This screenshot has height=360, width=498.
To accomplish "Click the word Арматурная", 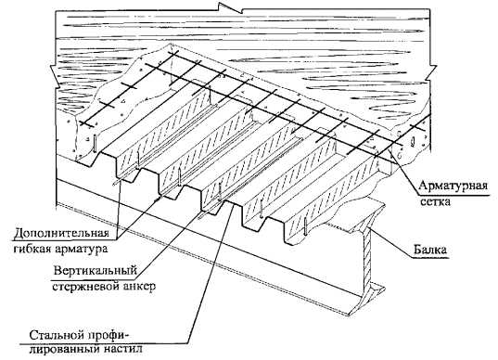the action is pos(453,186).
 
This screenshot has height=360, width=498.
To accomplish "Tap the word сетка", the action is pos(435,201).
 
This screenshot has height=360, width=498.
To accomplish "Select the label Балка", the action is pos(431,249).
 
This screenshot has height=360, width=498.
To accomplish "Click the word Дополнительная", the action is pos(62,234).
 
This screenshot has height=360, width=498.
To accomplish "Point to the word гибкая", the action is pos(32,249).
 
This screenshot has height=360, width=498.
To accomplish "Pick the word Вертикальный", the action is pos(96,271).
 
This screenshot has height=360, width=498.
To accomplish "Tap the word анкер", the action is pos(139,287).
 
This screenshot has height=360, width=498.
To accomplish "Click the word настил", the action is pos(123,350).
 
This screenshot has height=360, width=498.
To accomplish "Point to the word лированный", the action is pos(67,350).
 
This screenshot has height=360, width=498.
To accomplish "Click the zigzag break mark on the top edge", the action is pos(234,8).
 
